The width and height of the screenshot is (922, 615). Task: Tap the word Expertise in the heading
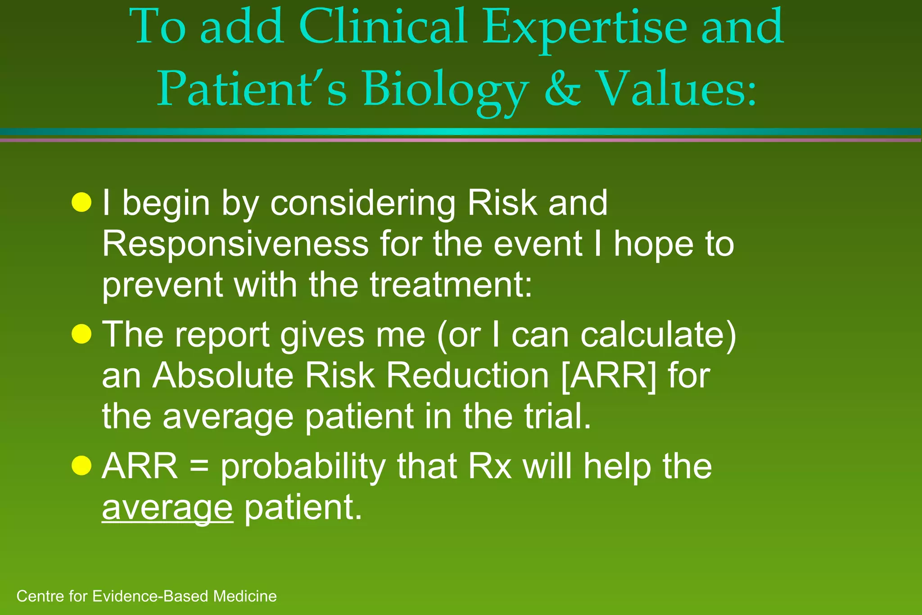(x=585, y=28)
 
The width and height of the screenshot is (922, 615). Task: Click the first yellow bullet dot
(x=81, y=203)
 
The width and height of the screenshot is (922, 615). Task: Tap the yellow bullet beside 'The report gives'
(x=81, y=334)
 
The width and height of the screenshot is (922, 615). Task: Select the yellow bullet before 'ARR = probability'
(x=81, y=466)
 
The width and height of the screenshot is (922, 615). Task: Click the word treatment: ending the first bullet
(x=451, y=285)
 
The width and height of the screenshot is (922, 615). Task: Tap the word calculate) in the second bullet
(x=658, y=335)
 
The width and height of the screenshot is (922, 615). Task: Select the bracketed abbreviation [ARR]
(x=609, y=375)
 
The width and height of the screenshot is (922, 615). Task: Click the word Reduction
(x=467, y=375)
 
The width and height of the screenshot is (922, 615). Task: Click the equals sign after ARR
(x=199, y=466)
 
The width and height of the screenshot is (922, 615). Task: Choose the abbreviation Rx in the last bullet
(x=490, y=466)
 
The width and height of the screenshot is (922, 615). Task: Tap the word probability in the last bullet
(x=303, y=466)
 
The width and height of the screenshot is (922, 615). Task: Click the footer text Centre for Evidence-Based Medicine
(x=146, y=596)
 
